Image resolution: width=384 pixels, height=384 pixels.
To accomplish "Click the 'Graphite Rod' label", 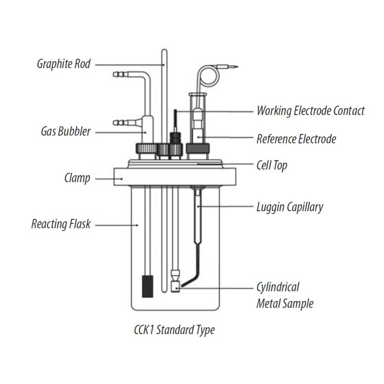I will tap(64, 64).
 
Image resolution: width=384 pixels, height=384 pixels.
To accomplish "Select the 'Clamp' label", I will tap(77, 179).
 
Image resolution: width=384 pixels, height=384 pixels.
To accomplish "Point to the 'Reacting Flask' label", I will tap(61, 224).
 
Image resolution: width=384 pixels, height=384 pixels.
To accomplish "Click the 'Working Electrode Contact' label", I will tap(311, 111).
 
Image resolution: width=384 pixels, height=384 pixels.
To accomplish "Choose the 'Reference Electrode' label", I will tap(296, 139).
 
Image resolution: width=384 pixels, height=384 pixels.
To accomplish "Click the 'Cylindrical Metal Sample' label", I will tap(285, 295).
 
